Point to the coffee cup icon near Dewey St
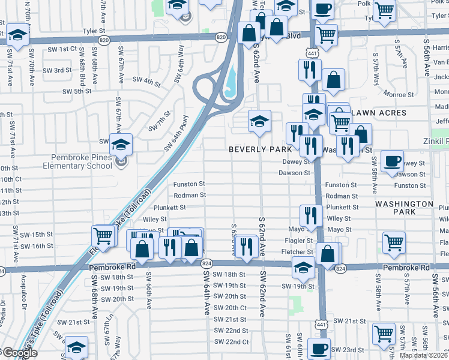point(392,161)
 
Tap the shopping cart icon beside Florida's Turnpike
point(103,235)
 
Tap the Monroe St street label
point(400,94)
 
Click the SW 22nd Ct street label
point(231,341)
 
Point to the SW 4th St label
point(146,80)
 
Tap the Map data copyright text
point(424,355)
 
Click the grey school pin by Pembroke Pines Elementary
point(121,162)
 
